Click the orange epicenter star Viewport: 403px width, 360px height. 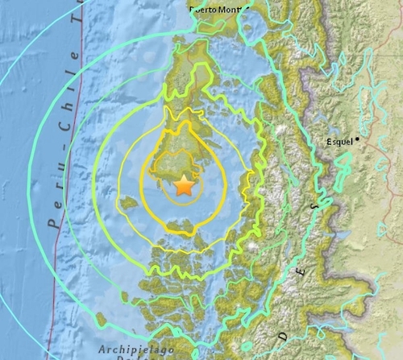[185, 186]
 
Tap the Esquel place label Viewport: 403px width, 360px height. [339, 142]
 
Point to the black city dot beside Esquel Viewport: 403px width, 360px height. [356, 139]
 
